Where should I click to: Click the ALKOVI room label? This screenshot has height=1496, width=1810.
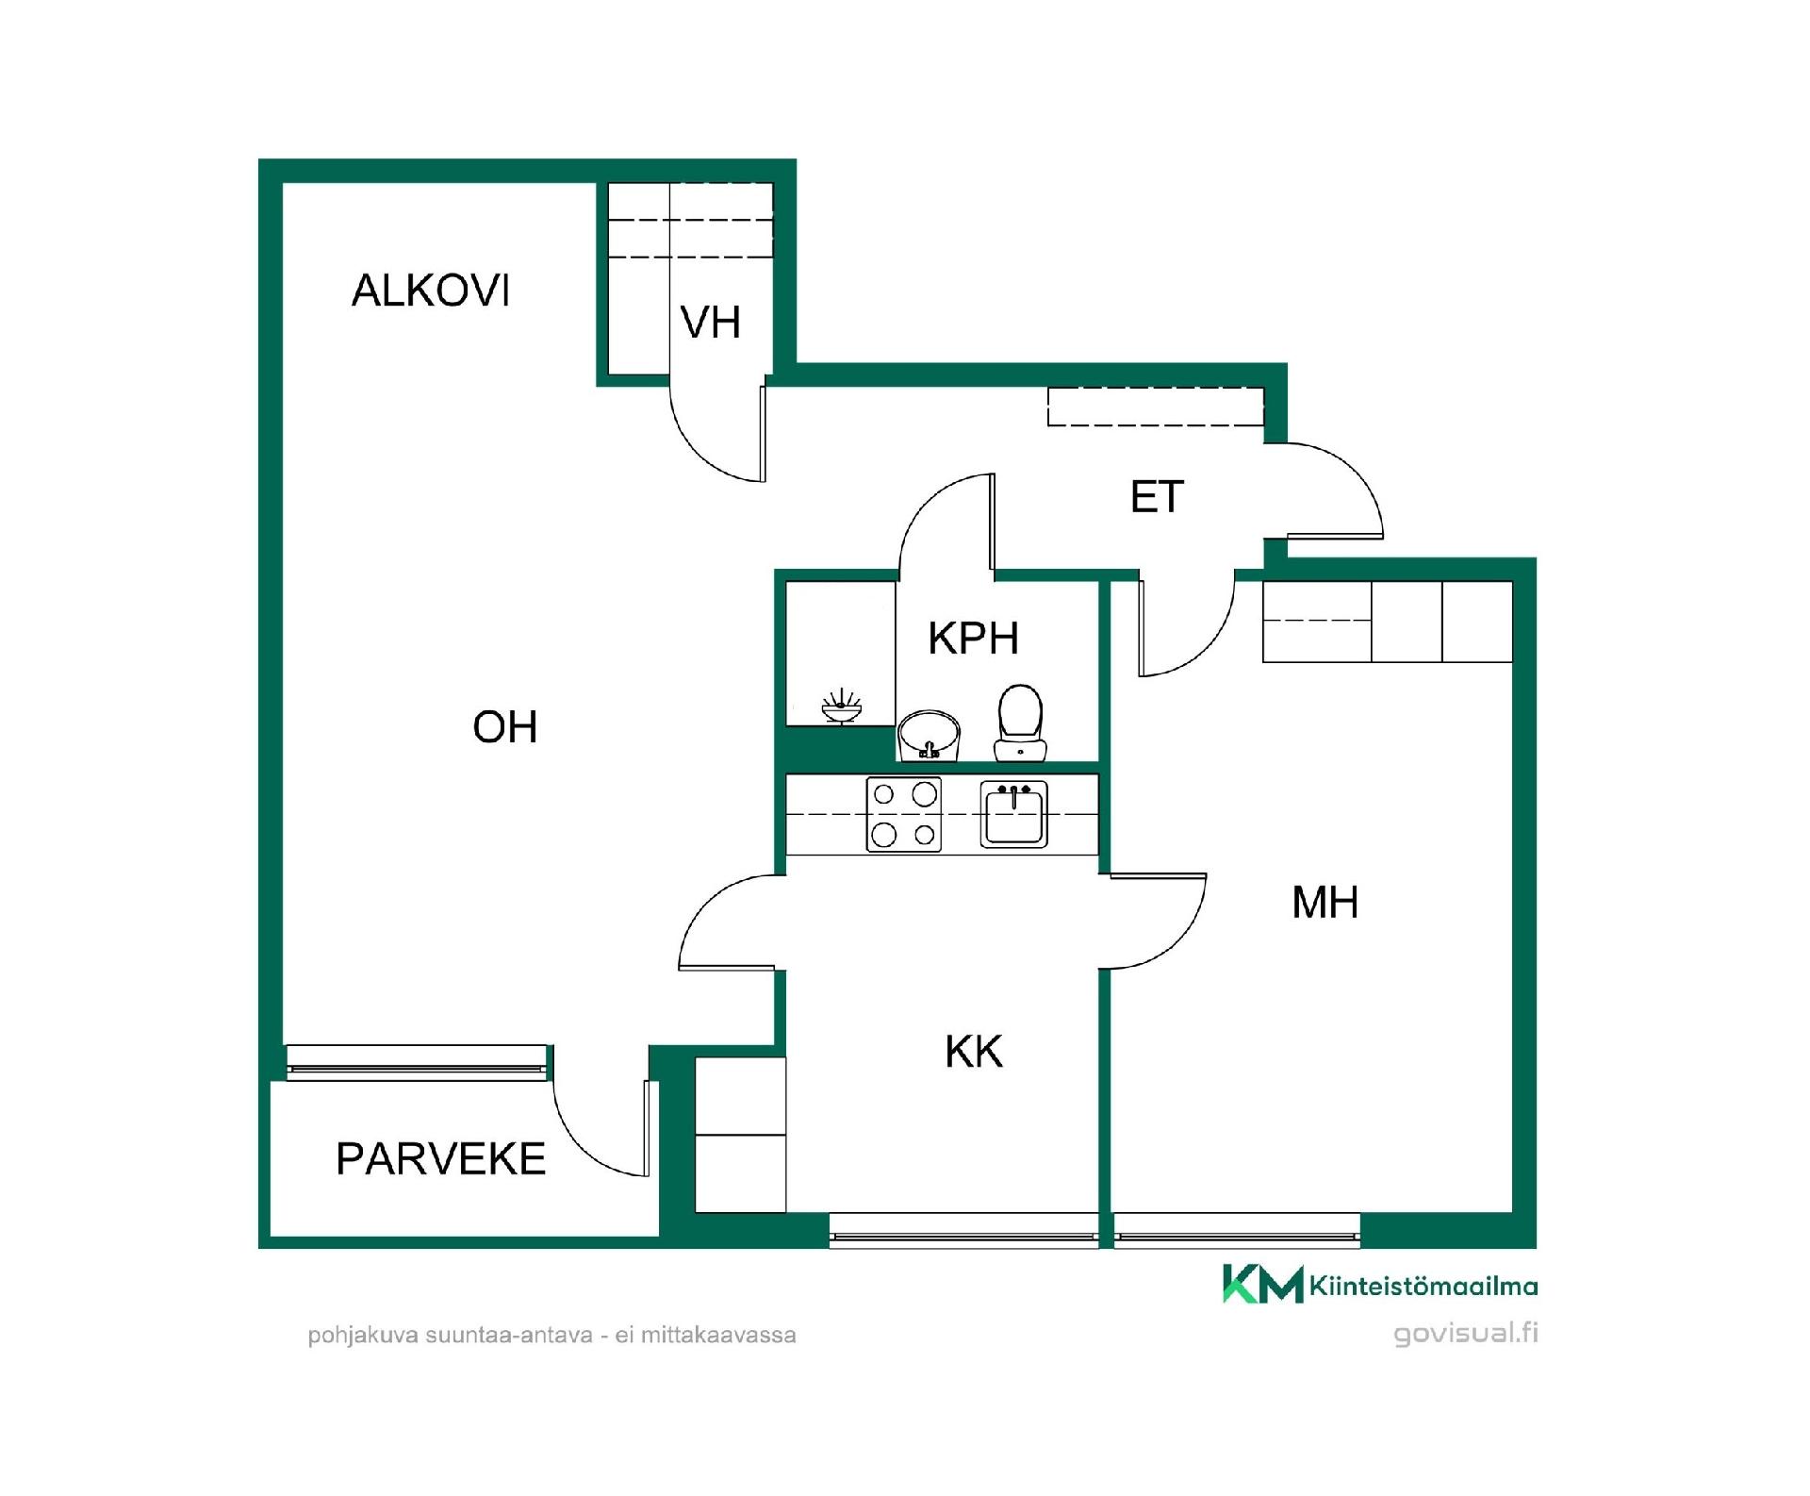click(431, 291)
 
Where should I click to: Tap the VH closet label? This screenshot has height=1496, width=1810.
click(711, 323)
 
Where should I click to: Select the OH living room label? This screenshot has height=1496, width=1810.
click(505, 727)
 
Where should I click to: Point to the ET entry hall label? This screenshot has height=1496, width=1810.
click(1157, 497)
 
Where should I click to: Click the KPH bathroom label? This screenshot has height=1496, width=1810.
click(974, 639)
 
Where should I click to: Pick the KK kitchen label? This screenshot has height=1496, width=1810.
click(974, 1051)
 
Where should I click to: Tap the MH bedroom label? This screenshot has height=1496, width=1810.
click(1325, 903)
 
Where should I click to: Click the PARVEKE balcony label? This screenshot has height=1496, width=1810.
click(441, 1158)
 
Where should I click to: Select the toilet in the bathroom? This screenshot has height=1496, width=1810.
click(1020, 723)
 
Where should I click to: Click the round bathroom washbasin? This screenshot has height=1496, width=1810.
click(929, 736)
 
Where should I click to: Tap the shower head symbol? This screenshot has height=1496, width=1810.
click(841, 707)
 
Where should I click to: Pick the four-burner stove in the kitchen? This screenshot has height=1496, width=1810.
click(904, 814)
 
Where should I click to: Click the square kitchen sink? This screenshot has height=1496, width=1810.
click(1013, 814)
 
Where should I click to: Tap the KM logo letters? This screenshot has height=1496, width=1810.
click(1263, 1284)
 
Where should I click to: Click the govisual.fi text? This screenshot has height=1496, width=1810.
click(1465, 1334)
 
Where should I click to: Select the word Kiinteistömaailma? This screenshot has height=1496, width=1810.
click(1423, 1286)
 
